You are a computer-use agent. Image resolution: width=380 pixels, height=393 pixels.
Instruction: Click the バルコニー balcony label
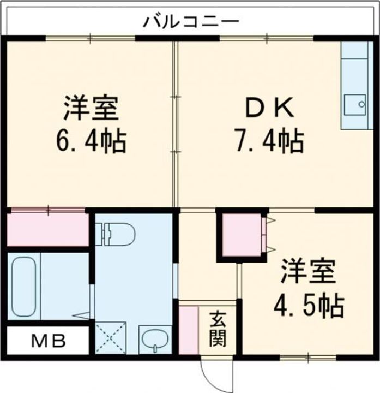click(190, 23)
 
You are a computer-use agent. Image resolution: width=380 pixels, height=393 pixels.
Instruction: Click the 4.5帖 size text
click(308, 305)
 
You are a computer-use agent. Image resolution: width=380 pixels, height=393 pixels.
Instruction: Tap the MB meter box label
click(47, 342)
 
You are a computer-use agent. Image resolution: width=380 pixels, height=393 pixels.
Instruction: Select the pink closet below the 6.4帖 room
click(48, 228)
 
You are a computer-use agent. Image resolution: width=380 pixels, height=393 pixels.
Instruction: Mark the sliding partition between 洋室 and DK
click(175, 123)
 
